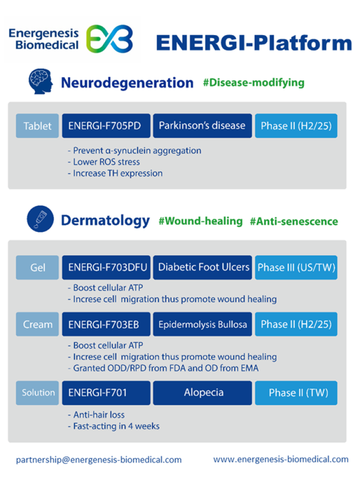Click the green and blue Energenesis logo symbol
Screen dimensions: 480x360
pos(109,39)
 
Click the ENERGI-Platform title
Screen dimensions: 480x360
pos(253,43)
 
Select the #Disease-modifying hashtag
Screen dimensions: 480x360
pos(253,83)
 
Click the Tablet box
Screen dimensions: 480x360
pos(37,126)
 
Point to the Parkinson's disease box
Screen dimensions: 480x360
pos(202,126)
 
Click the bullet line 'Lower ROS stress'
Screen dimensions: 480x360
pos(107,162)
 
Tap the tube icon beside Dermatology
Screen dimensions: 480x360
pos(40,220)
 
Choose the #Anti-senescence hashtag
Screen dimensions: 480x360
pos(294,221)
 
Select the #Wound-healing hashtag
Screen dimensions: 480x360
pos(201,221)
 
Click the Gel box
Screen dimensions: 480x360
pos(37,267)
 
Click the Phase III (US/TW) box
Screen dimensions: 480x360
pos(296,267)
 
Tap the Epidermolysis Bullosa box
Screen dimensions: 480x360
pos(203,324)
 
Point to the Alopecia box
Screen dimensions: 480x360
pos(204,393)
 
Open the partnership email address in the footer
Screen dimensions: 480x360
pos(99,459)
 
